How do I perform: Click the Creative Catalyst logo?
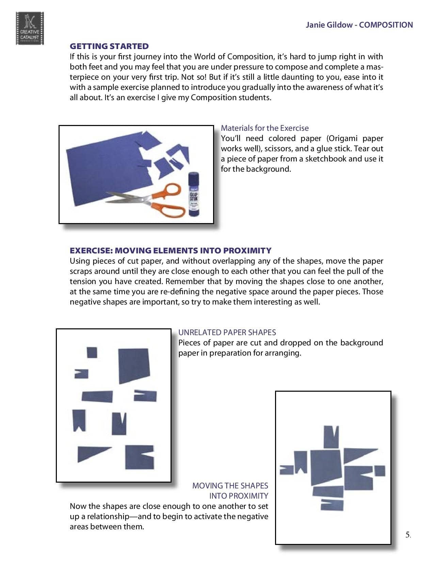(30, 28)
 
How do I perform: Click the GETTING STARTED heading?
(109, 46)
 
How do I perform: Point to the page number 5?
(408, 535)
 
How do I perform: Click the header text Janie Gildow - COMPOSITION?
(359, 25)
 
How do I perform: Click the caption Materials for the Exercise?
(264, 128)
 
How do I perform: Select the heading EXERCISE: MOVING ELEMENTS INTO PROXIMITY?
(170, 251)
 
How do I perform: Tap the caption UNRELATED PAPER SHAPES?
(227, 332)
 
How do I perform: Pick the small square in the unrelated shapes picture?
(92, 352)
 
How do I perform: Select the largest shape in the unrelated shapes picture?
(134, 365)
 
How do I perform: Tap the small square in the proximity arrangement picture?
(380, 471)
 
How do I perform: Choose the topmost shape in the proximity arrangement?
(331, 437)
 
